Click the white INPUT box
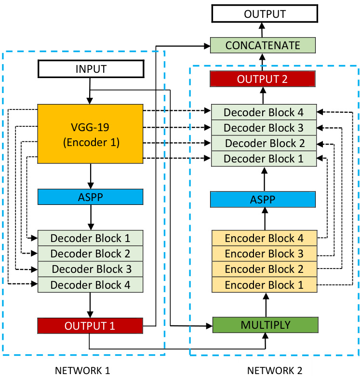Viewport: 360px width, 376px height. point(91,69)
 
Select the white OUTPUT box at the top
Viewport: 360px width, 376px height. point(265,14)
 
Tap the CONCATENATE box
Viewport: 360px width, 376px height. point(263,46)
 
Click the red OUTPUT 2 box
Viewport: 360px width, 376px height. point(263,79)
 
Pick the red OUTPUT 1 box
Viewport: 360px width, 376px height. point(91,326)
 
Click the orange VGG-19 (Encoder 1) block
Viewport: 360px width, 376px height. point(91,134)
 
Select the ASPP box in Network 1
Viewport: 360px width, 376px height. point(91,197)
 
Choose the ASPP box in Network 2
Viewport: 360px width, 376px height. point(263,199)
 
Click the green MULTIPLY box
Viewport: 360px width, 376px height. point(266,325)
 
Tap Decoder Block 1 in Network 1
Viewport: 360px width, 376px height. point(91,238)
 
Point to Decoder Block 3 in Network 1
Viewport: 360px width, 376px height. point(91,269)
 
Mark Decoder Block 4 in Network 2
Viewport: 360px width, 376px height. point(264,112)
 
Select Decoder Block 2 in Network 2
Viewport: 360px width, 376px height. point(264,143)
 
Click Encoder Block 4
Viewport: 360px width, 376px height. point(264,238)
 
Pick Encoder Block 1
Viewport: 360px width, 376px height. point(264,285)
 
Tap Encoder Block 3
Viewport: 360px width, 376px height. point(264,254)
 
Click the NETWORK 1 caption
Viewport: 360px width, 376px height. point(82,370)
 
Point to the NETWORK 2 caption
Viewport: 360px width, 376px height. point(275,370)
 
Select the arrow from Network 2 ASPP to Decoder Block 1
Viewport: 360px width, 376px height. point(264,178)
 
